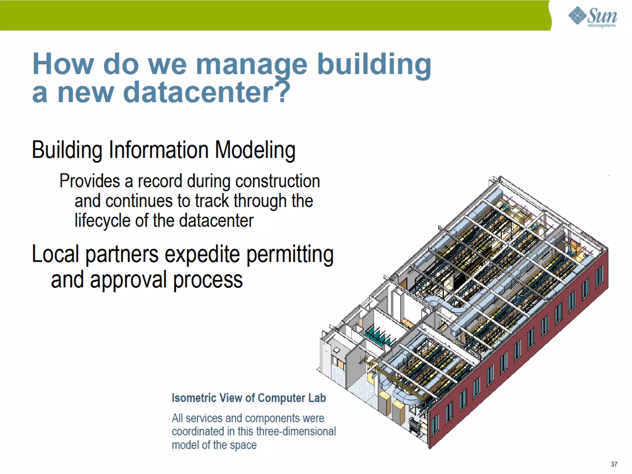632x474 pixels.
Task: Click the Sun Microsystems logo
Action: (592, 17)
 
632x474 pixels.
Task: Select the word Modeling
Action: (255, 150)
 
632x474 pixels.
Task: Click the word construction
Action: (277, 181)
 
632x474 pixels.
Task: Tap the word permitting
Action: (290, 255)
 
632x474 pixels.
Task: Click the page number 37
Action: (614, 464)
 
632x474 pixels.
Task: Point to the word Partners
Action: (122, 255)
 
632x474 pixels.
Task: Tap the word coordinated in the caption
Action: (197, 431)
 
